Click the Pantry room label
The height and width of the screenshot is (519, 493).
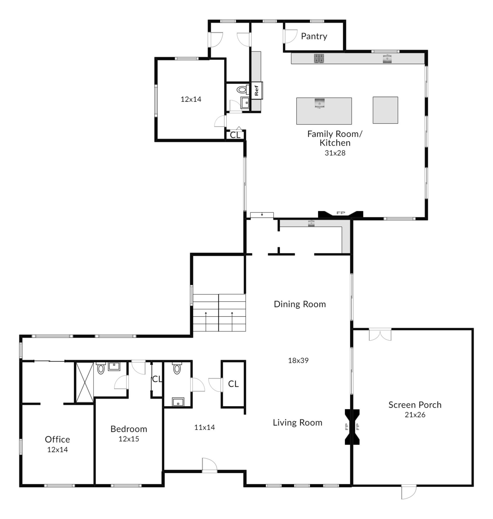[314, 36]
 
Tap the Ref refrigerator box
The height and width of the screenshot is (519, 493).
[257, 90]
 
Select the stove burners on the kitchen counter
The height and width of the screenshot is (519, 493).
[319, 58]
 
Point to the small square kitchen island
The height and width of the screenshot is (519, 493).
[385, 110]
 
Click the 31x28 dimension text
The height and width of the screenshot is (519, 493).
[335, 153]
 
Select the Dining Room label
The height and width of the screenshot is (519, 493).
[300, 304]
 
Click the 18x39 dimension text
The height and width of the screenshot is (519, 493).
[298, 360]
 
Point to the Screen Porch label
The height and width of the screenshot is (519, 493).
[415, 405]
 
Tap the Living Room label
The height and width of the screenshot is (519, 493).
[297, 422]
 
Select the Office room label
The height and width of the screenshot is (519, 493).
[57, 439]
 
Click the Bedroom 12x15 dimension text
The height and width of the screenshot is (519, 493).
[129, 439]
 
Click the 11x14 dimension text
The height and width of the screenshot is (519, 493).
[204, 427]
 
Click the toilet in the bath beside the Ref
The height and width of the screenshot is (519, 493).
[242, 90]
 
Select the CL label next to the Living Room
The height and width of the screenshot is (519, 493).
[233, 384]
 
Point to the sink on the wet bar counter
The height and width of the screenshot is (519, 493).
[311, 223]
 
